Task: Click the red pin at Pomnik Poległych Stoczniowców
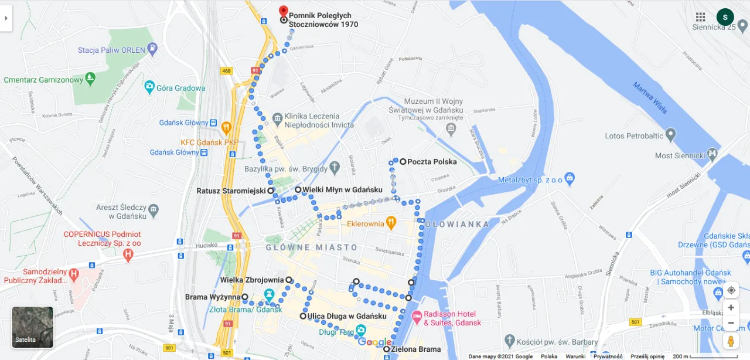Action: [284, 11]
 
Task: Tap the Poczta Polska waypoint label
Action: [432, 162]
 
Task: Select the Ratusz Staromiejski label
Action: [231, 191]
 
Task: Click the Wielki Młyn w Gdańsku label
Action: [342, 190]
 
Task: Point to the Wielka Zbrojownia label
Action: [252, 280]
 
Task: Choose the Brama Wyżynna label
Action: [213, 297]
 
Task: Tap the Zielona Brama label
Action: [416, 349]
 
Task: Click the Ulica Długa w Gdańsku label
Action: [347, 317]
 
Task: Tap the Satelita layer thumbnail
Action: [33, 327]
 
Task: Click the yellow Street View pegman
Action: [731, 341]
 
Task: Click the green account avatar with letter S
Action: [725, 17]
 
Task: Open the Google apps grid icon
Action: [700, 17]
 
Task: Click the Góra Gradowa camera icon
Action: [149, 88]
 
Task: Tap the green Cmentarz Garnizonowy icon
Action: [90, 77]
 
